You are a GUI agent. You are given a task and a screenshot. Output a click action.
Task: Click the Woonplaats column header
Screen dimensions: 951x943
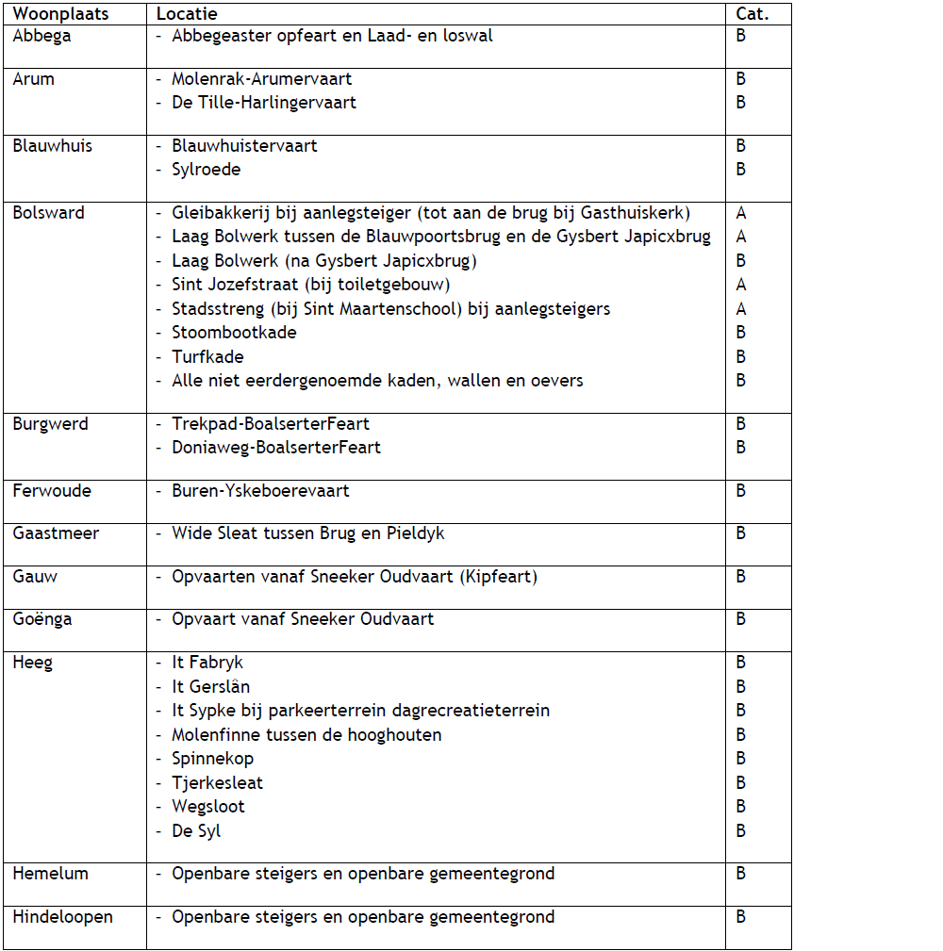[x=60, y=14]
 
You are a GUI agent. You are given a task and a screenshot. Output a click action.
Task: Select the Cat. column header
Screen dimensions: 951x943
[x=752, y=14]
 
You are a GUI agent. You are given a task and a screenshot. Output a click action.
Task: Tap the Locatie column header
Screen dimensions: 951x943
[x=187, y=14]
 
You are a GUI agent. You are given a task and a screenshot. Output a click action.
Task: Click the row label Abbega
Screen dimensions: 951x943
[x=41, y=37]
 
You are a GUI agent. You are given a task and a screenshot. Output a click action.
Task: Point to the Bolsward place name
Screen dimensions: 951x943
[x=48, y=213]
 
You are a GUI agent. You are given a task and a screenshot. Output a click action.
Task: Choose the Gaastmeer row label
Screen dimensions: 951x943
[x=56, y=533]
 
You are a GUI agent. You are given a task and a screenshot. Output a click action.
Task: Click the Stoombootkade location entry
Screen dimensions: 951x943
[x=234, y=333]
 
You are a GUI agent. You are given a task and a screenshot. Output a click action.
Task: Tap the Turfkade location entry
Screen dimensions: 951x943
[x=207, y=357]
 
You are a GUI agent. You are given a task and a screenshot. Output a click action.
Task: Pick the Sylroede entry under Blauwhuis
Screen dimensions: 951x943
[x=206, y=170]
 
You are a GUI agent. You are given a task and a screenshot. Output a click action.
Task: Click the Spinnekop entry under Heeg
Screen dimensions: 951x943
[x=212, y=759]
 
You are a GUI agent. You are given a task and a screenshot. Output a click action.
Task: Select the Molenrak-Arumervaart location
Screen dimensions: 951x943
[x=261, y=79]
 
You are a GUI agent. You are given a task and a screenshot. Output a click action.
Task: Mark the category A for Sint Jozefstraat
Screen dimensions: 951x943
[x=741, y=285]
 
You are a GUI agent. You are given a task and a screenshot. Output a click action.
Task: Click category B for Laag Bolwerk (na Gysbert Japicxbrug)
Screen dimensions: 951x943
[x=741, y=261]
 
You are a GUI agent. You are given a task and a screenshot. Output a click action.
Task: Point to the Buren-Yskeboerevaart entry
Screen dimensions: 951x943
[x=260, y=491]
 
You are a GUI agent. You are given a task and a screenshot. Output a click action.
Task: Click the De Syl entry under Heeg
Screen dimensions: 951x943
[x=196, y=831]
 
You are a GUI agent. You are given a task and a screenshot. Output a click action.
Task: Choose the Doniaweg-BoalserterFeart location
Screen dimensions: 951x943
[x=275, y=448]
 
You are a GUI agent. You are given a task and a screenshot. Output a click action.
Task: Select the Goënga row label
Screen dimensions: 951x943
[x=42, y=619]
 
